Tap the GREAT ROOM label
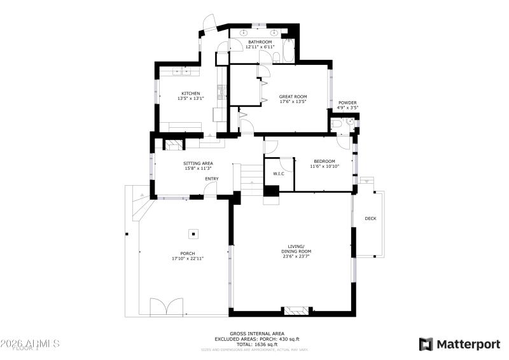(x=293, y=97)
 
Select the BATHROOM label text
(x=260, y=42)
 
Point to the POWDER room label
(x=347, y=102)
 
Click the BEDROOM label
(x=324, y=161)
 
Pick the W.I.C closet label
(x=279, y=173)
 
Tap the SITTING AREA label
(x=199, y=163)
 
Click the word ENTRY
(x=212, y=179)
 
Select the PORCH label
(x=188, y=253)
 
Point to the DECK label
(x=370, y=219)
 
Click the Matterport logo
(x=459, y=344)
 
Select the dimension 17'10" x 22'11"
(x=188, y=259)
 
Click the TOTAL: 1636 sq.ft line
(x=256, y=344)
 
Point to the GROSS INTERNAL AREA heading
(x=256, y=334)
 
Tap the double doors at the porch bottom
(x=166, y=307)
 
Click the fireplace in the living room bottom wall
(x=298, y=311)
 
